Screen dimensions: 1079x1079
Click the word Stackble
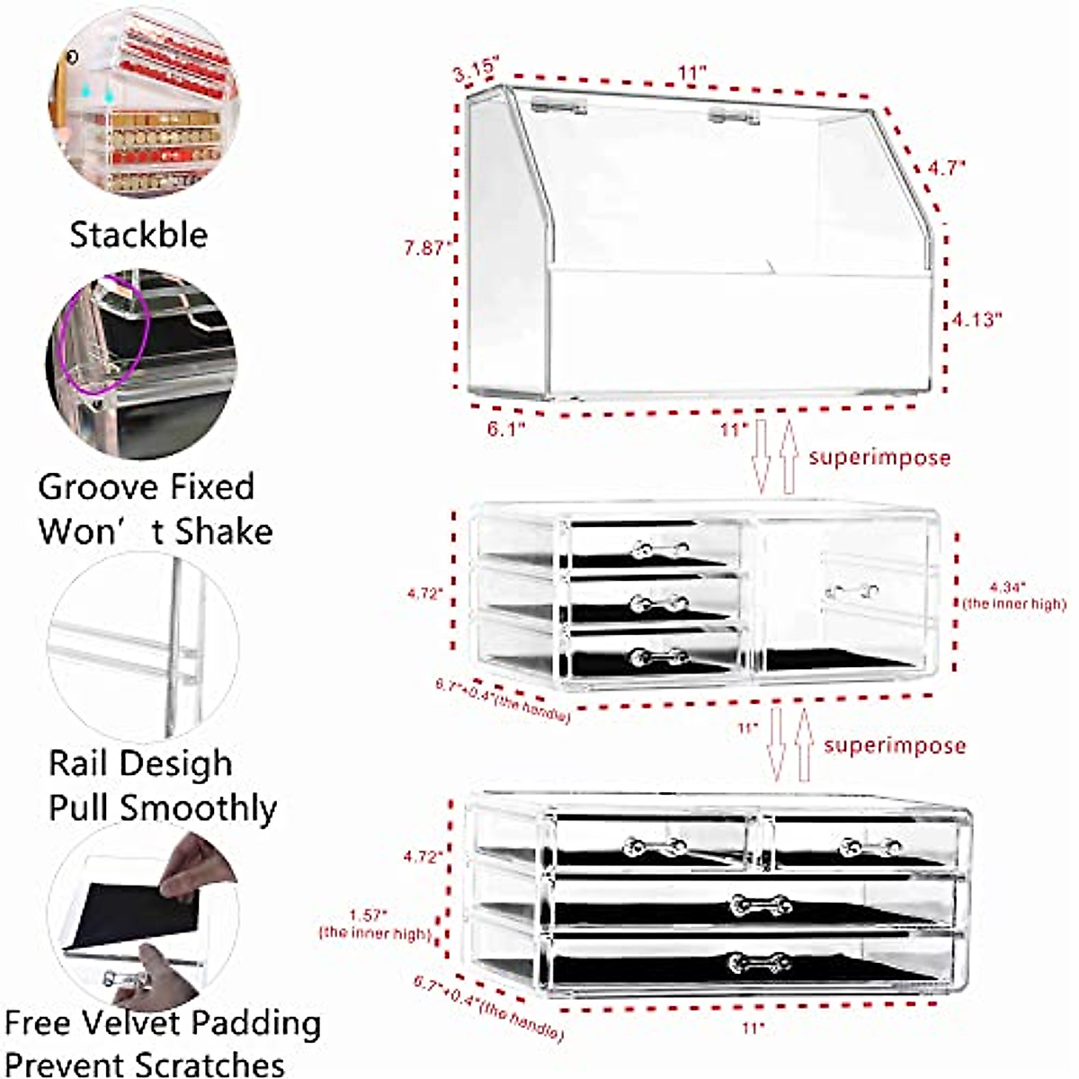point(138,236)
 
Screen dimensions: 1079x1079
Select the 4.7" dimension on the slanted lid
point(945,167)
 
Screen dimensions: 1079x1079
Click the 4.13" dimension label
point(976,319)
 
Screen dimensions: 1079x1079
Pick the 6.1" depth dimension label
point(505,429)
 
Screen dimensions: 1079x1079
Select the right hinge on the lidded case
point(733,116)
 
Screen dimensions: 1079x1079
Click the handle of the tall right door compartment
point(852,592)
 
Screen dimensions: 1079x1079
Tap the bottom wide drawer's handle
point(760,964)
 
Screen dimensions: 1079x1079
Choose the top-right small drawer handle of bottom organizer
point(869,846)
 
